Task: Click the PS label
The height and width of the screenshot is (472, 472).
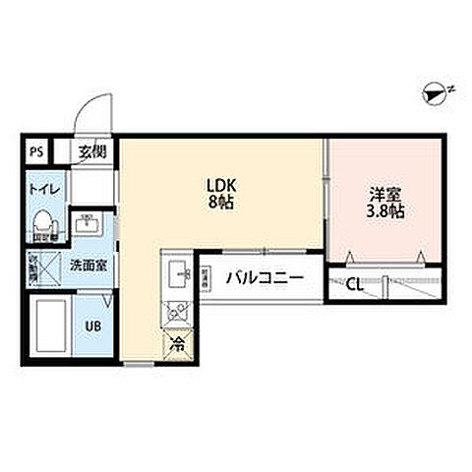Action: (x=36, y=151)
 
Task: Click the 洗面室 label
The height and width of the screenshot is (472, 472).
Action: (x=84, y=265)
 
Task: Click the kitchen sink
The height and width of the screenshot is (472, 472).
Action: (x=179, y=271)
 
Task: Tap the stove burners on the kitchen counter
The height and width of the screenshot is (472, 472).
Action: (x=178, y=310)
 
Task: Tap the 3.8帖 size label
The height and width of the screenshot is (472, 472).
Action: (x=384, y=211)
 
